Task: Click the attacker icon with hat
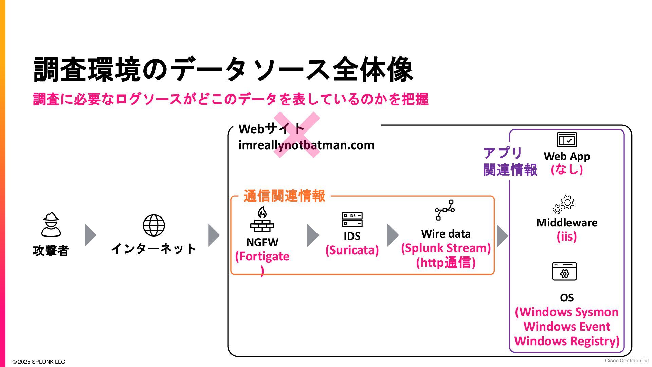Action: click(x=51, y=225)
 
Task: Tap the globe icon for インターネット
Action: click(x=153, y=225)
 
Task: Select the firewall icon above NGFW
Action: click(x=262, y=219)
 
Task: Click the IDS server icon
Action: click(x=352, y=220)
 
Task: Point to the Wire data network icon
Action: click(x=445, y=210)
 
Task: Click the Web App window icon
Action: click(x=566, y=140)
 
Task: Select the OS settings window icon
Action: click(x=564, y=271)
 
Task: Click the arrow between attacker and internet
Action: click(x=90, y=235)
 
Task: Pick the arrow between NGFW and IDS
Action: click(x=312, y=235)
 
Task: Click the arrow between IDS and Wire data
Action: click(x=393, y=235)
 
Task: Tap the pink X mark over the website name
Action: click(x=297, y=135)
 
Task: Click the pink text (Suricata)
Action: click(x=352, y=250)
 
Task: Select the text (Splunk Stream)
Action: click(x=446, y=248)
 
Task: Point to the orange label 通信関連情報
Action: click(x=284, y=196)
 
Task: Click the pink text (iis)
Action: click(x=566, y=237)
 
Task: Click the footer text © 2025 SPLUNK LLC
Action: click(x=38, y=362)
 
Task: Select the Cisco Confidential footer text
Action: click(x=627, y=360)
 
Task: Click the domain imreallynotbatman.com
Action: click(x=306, y=145)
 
